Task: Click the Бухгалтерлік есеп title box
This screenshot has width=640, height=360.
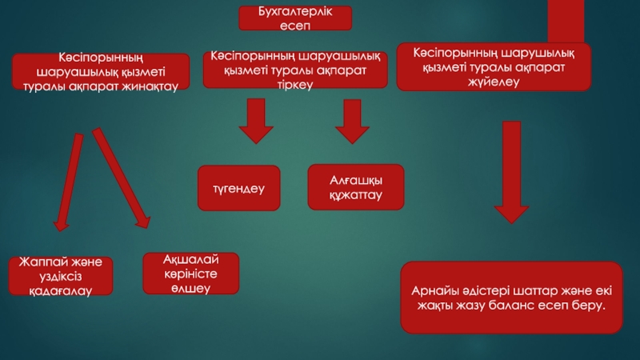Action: click(x=295, y=18)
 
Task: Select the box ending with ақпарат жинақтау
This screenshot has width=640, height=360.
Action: click(x=101, y=71)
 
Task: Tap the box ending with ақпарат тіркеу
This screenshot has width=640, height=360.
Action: click(x=294, y=70)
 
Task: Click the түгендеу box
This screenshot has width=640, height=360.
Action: click(x=239, y=188)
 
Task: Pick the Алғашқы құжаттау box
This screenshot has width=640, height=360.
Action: click(x=356, y=187)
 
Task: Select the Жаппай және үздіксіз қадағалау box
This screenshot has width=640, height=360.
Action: click(x=61, y=276)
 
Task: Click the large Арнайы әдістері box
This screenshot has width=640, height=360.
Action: click(x=511, y=297)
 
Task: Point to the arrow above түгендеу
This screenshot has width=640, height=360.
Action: click(x=256, y=120)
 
